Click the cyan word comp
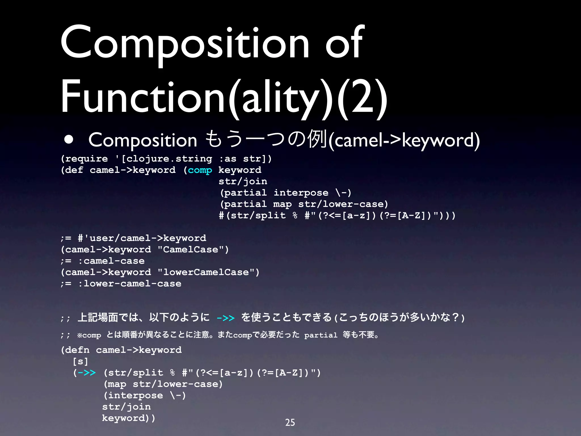click(200, 170)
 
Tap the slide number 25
click(290, 422)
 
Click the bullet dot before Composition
click(69, 140)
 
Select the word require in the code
click(87, 159)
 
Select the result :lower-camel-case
click(130, 284)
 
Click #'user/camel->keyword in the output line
click(142, 238)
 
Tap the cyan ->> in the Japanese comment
click(226, 318)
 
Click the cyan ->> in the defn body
click(87, 372)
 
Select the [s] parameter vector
click(81, 361)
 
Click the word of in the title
click(344, 43)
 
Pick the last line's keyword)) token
click(129, 418)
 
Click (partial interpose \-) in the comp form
click(286, 193)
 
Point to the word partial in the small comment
click(321, 335)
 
